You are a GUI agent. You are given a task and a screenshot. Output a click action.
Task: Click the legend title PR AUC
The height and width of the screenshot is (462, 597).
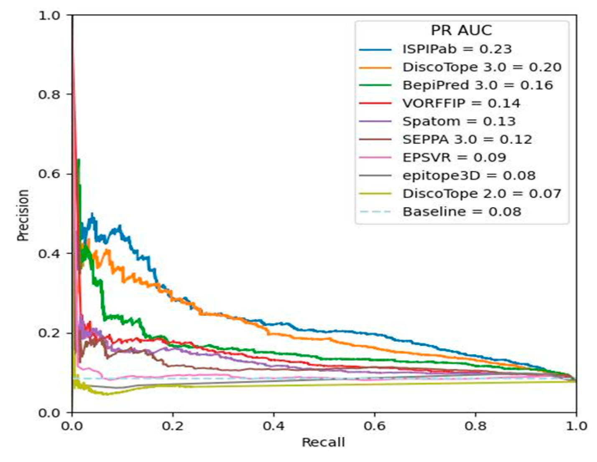(x=461, y=30)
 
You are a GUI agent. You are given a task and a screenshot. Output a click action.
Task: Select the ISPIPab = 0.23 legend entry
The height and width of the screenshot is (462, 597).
(x=457, y=49)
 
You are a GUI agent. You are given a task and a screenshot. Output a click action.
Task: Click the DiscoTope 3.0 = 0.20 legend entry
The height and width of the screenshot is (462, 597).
(x=482, y=67)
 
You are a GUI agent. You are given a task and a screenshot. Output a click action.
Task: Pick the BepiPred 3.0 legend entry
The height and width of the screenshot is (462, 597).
(x=477, y=85)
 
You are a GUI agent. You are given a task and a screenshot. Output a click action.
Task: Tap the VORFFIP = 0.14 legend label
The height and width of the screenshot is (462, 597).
(x=461, y=103)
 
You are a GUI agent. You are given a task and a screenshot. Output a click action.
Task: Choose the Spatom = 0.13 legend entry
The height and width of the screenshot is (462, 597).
(x=459, y=122)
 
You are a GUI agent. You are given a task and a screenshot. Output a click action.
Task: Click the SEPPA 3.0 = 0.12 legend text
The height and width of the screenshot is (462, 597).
(x=467, y=140)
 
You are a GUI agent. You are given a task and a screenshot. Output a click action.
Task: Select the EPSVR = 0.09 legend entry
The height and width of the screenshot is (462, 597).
(x=454, y=157)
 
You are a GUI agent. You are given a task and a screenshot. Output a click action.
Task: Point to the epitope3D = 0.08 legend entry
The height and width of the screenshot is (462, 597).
(x=469, y=175)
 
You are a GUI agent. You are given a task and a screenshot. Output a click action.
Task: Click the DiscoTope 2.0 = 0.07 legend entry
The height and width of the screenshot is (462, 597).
(x=482, y=194)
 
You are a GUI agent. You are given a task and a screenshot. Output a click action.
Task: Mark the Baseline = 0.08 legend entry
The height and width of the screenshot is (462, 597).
(x=462, y=212)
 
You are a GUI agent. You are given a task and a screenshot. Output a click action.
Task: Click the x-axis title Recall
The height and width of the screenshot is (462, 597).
(x=323, y=442)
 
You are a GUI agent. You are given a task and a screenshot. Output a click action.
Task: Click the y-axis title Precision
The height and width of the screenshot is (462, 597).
(x=23, y=215)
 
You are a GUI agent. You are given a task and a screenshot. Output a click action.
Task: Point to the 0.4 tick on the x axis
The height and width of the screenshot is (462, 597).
(x=273, y=426)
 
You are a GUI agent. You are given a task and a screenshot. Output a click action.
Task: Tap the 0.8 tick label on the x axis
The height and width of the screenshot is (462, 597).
(x=475, y=426)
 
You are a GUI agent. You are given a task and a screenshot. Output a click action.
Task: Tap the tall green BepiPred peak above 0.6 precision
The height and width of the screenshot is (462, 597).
(x=78, y=160)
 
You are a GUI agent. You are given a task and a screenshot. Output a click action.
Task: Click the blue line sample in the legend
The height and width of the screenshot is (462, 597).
(x=375, y=50)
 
